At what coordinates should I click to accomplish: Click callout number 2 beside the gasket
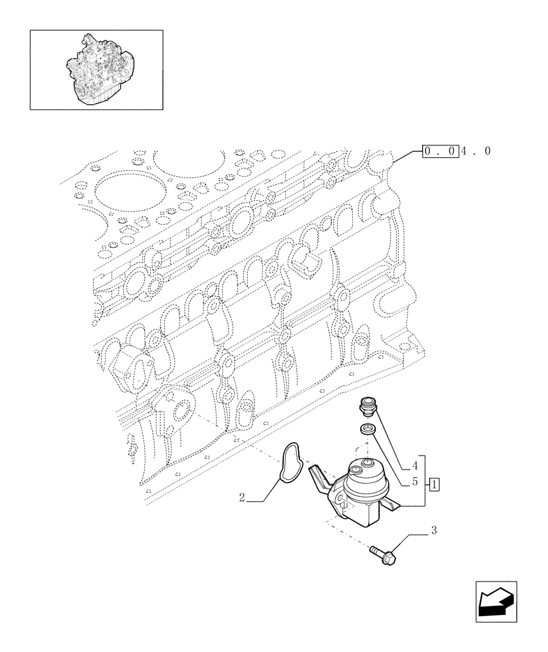coord(242,497)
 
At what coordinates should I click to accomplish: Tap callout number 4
coord(415,467)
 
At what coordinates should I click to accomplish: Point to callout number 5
coord(415,483)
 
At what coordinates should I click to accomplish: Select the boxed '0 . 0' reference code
coord(440,151)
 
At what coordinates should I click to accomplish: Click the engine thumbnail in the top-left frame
coord(97,68)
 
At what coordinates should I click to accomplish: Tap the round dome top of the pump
coord(369,479)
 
